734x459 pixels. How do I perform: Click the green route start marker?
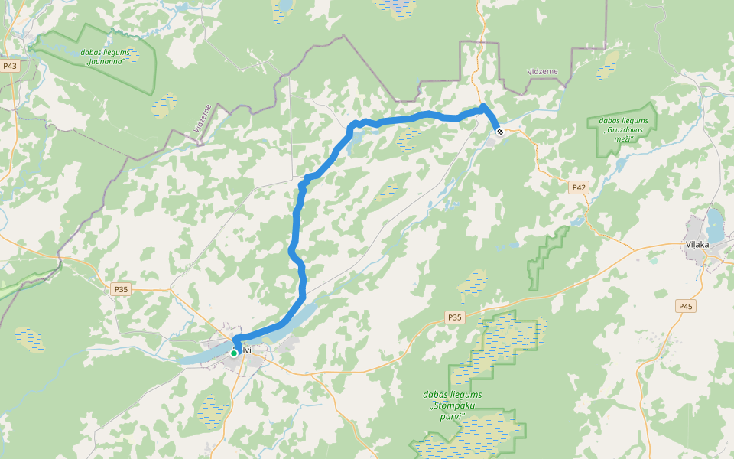pos(234,353)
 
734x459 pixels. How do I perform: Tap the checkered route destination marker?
pos(499,132)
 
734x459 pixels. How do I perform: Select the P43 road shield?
pos(10,66)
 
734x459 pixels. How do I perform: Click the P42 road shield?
pos(579,187)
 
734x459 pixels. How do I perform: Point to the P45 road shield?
pos(685,306)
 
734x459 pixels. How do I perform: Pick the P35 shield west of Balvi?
pos(120,289)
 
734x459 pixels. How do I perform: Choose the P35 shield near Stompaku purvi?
pos(455,317)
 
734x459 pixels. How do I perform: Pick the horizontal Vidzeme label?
pos(543,71)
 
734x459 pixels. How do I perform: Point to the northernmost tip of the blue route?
pos(483,106)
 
